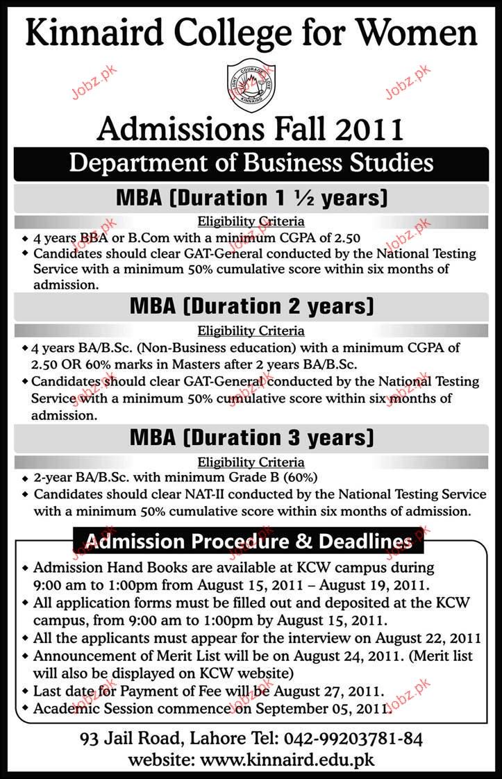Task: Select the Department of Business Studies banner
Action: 251,163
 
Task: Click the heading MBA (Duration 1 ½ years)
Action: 251,199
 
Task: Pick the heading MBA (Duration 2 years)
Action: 251,305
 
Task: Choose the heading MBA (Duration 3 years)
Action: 251,438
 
